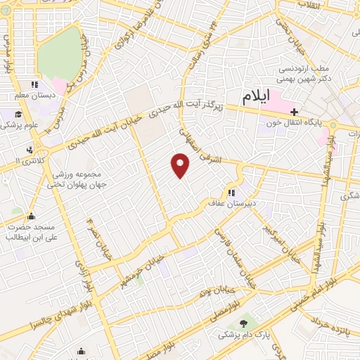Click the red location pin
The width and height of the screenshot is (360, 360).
tap(181, 165)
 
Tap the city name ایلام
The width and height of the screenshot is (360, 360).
tap(259, 98)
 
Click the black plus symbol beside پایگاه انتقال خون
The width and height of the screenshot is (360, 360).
tap(294, 111)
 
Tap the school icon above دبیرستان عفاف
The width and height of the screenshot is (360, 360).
tap(231, 193)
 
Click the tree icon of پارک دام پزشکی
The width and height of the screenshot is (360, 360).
tap(243, 323)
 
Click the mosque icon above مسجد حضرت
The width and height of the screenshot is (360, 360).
tap(31, 216)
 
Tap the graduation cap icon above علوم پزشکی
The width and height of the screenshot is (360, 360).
tap(18, 115)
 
